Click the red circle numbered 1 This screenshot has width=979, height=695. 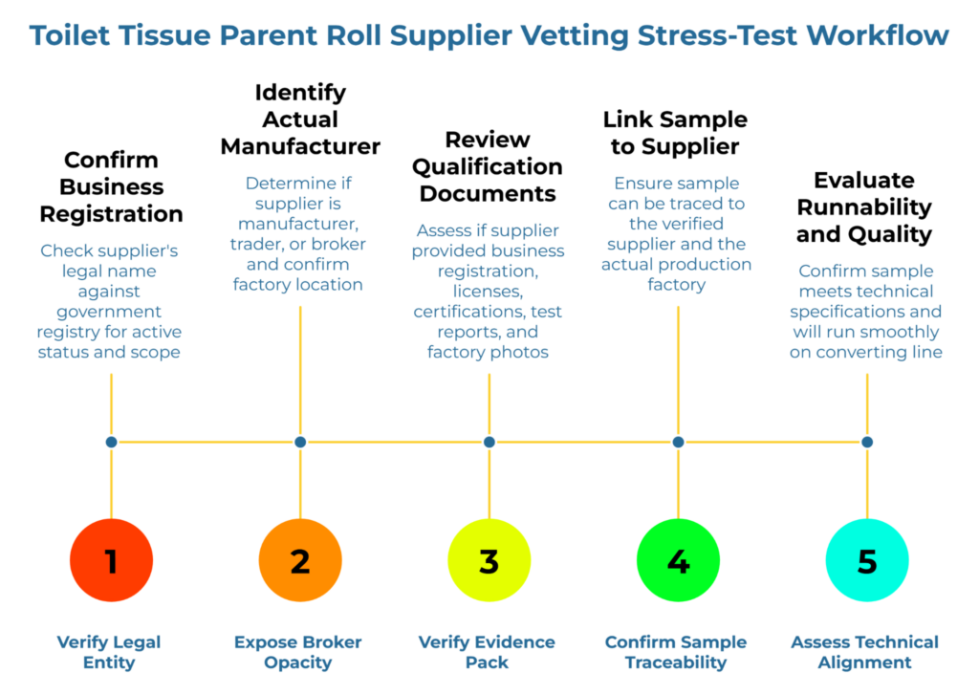111,561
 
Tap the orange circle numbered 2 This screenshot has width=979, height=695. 300,561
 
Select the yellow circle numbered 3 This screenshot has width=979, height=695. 489,561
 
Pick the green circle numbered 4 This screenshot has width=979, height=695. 678,561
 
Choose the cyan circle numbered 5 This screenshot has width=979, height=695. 867,561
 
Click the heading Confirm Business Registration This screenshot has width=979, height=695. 111,186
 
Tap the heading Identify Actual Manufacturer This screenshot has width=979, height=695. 300,119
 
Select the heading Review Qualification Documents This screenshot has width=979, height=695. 489,166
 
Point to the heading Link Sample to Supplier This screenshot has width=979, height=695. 676,133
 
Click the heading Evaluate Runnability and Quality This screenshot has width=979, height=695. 864,206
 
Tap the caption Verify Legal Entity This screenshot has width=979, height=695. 109,652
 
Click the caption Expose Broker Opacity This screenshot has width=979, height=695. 298,652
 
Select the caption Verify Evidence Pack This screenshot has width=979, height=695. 487,652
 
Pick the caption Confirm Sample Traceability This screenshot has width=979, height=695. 676,652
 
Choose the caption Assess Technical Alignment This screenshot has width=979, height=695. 864,652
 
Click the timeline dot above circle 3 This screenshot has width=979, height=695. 489,442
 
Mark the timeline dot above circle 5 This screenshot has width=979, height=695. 867,442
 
